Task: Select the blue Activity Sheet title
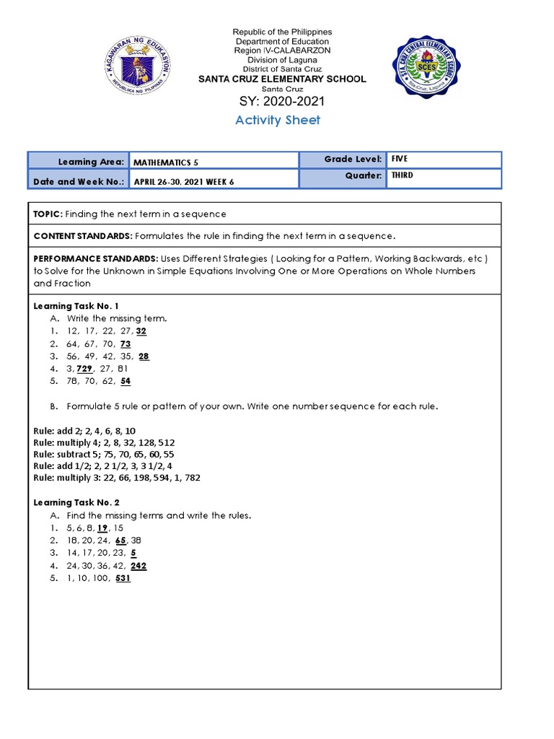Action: click(x=278, y=120)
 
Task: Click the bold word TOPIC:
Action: click(x=48, y=214)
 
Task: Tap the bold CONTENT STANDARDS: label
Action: click(x=82, y=236)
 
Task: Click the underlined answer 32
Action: click(x=141, y=331)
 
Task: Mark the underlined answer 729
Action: click(x=87, y=368)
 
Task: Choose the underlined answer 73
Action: click(x=126, y=344)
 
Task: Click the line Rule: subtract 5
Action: click(x=104, y=454)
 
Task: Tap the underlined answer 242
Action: click(x=138, y=566)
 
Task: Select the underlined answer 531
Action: click(x=122, y=578)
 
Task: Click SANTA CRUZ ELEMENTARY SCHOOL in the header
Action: click(x=282, y=79)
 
